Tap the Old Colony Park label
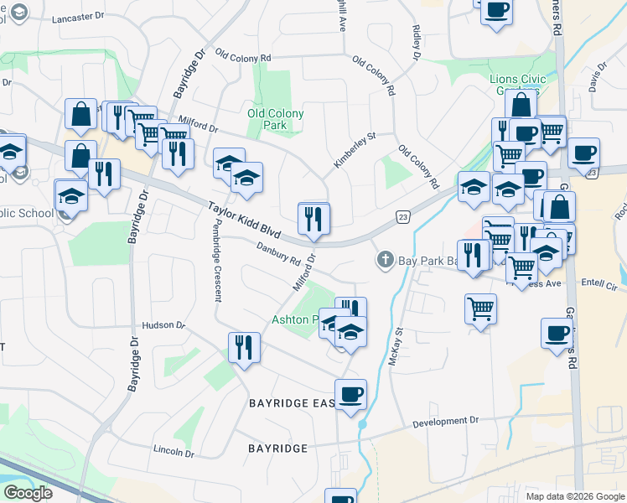pyautogui.click(x=275, y=119)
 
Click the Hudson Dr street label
pyautogui.click(x=163, y=324)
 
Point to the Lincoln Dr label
pyautogui.click(x=174, y=451)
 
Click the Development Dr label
pyautogui.click(x=449, y=422)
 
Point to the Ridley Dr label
pyautogui.click(x=416, y=42)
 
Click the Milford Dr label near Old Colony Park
pyautogui.click(x=197, y=127)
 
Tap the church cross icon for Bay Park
pyautogui.click(x=385, y=260)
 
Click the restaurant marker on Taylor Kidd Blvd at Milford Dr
pyautogui.click(x=313, y=220)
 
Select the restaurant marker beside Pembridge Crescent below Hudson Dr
pyautogui.click(x=244, y=347)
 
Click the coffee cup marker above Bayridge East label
pyautogui.click(x=350, y=394)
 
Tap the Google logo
pyautogui.click(x=28, y=493)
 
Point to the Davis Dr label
pyautogui.click(x=597, y=80)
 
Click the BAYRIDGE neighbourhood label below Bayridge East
pyautogui.click(x=278, y=449)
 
